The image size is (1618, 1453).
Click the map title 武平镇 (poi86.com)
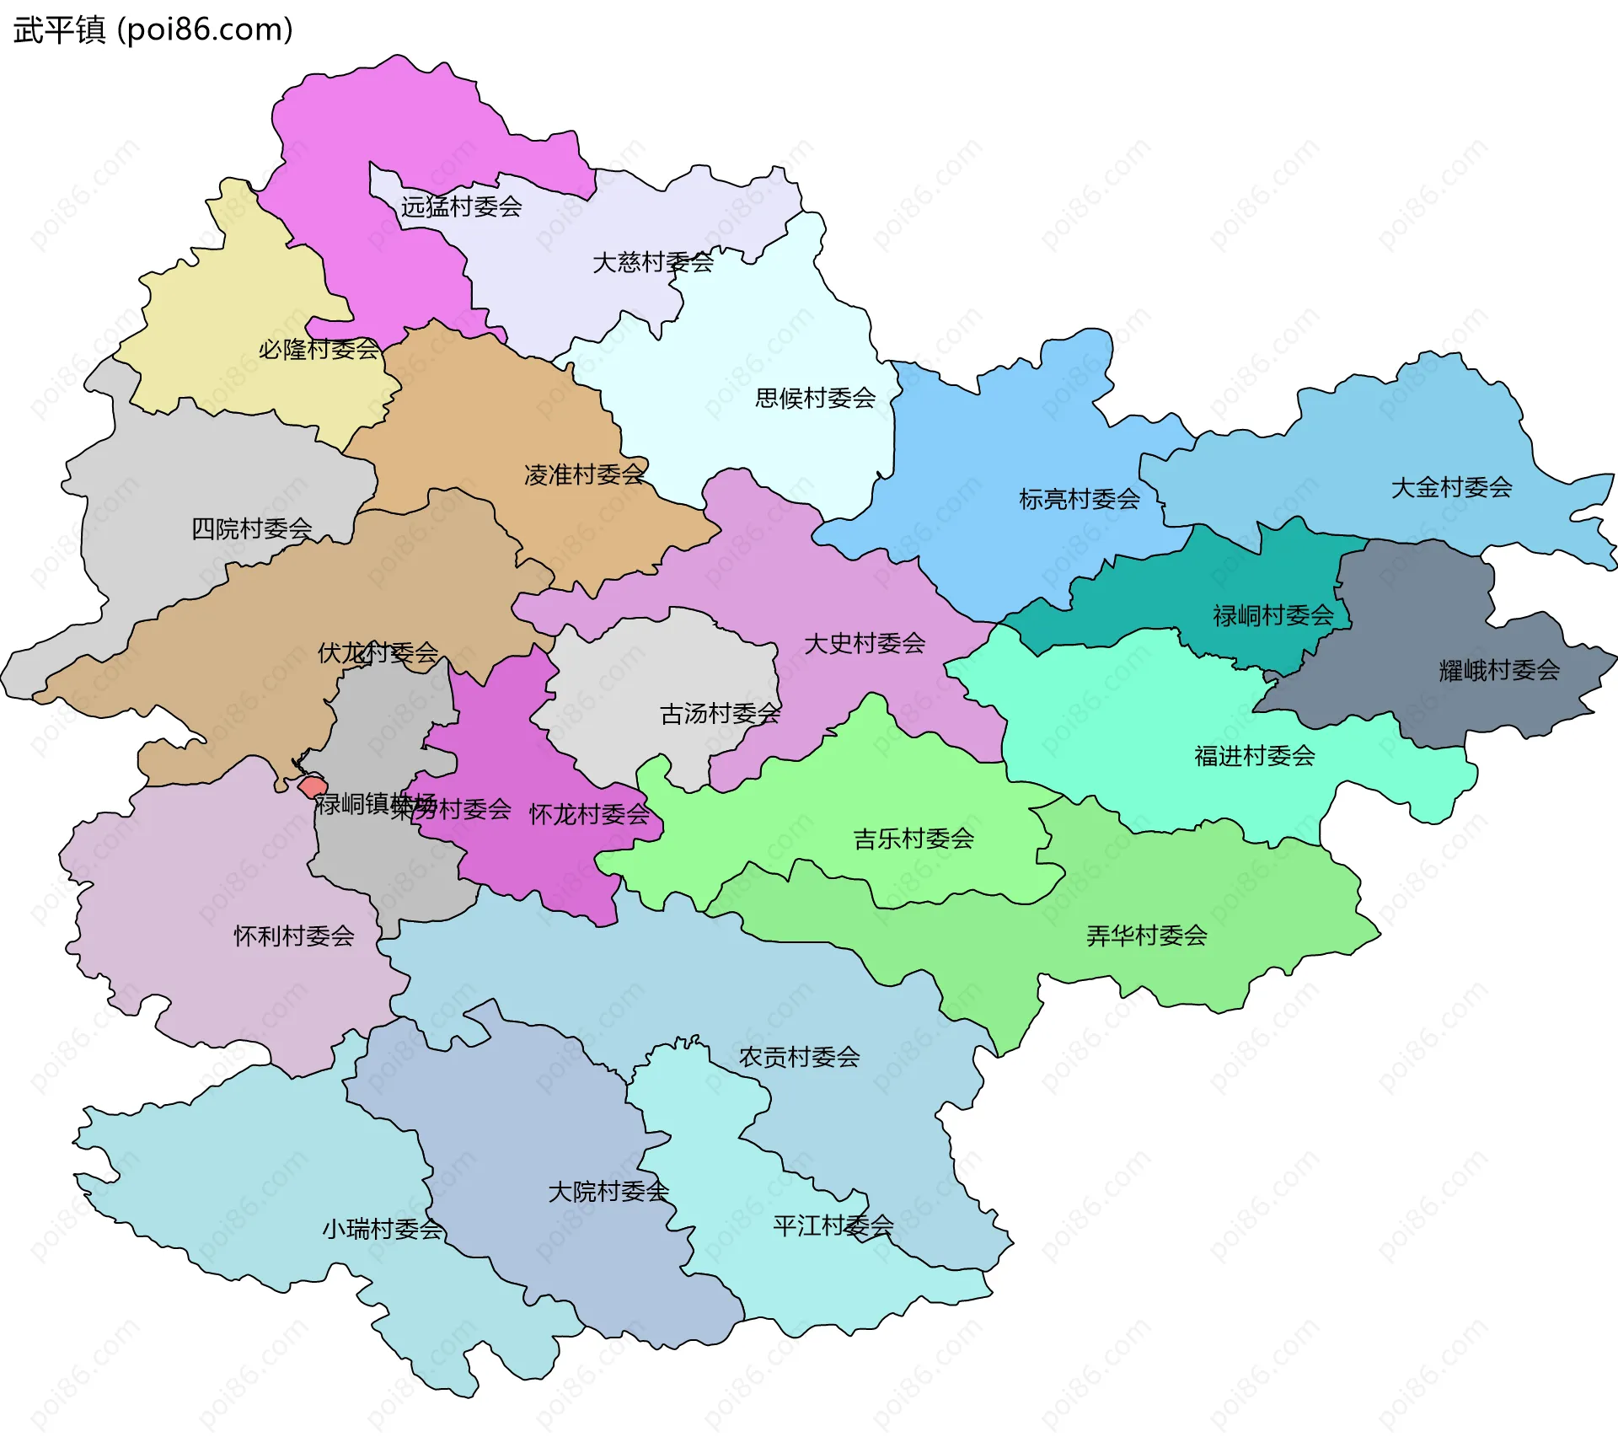pos(153,29)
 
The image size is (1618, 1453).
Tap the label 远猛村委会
pos(461,206)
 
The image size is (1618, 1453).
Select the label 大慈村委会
pos(653,262)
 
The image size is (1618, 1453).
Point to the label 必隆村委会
pos(319,349)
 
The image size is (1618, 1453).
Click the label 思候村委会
pos(815,398)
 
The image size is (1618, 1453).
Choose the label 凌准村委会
pos(584,475)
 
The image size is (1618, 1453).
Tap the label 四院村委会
pos(251,528)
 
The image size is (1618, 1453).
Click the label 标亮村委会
pos(1080,499)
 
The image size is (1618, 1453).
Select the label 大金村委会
pos(1451,487)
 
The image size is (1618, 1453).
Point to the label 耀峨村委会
pos(1499,671)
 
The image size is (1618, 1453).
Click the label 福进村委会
pos(1255,756)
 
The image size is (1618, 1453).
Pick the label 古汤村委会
pos(720,714)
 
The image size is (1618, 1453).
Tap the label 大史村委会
pos(865,644)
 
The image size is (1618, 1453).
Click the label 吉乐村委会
pos(913,839)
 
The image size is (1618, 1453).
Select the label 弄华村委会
pos(1146,936)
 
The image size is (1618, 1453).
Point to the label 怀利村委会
pos(293,936)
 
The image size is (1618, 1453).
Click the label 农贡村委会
pos(799,1057)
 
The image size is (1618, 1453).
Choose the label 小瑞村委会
pos(382,1229)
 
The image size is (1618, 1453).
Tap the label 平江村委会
pos(833,1225)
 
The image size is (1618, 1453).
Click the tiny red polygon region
pos(312,787)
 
